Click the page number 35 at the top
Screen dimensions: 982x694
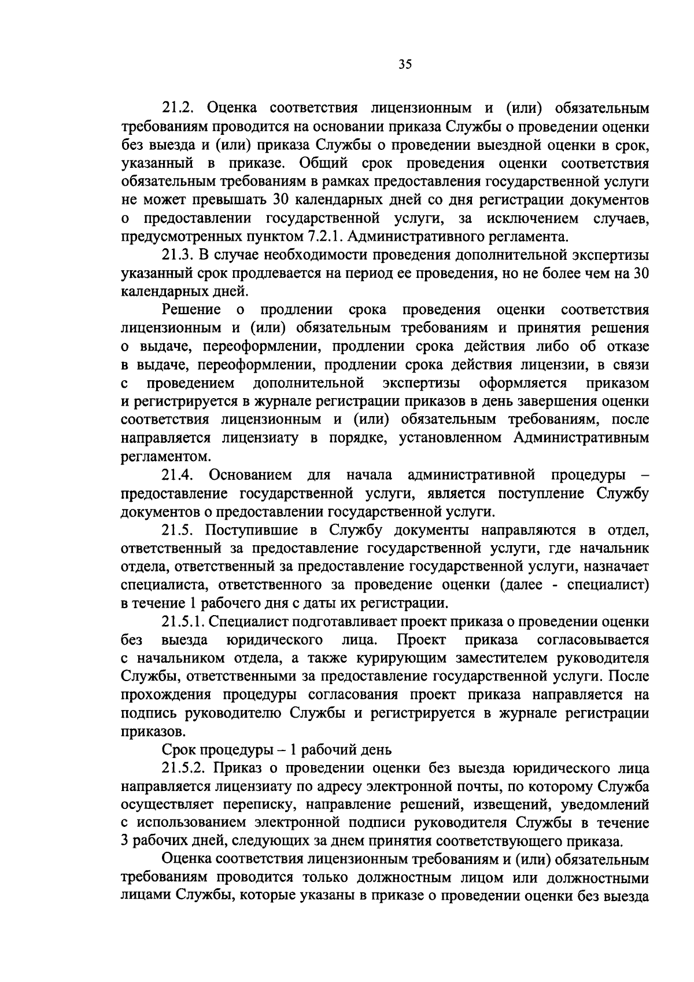click(x=404, y=64)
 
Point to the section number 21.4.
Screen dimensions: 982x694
click(x=180, y=475)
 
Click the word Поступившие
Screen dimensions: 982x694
click(x=253, y=530)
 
